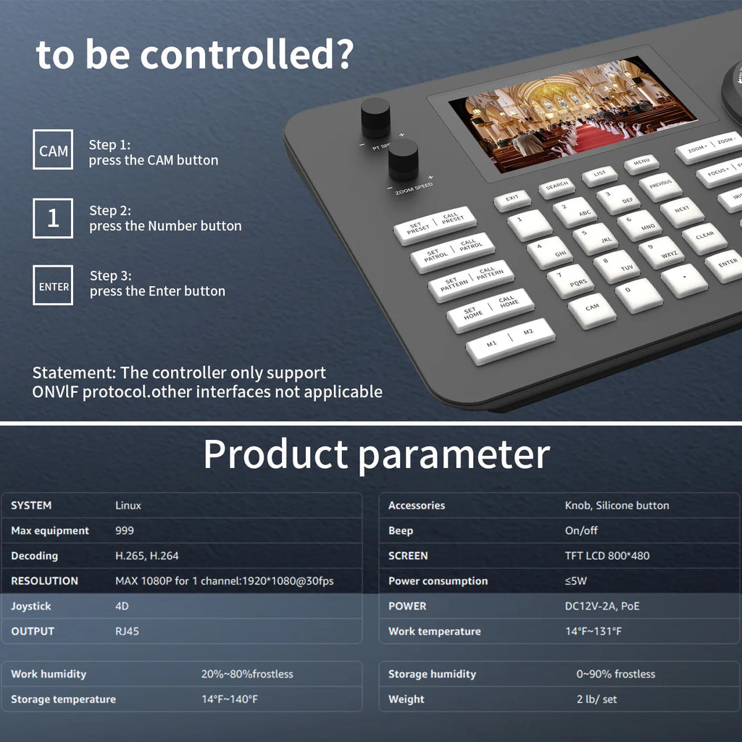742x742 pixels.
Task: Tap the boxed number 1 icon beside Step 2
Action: pos(53,218)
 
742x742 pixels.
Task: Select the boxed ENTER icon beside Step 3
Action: pos(53,285)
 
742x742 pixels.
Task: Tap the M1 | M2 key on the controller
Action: pos(510,341)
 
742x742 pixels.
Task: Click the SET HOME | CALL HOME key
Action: pos(490,310)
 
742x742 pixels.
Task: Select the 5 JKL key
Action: pos(595,237)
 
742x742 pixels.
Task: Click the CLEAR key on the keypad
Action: pos(704,238)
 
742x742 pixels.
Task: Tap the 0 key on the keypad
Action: pos(638,295)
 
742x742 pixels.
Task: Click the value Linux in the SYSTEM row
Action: pos(128,505)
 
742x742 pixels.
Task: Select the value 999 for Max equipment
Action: pos(124,530)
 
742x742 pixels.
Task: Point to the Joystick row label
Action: pos(31,606)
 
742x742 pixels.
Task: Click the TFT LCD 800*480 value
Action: pos(607,556)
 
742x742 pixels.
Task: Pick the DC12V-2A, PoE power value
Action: pos(603,606)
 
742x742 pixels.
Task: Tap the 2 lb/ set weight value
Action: pos(596,699)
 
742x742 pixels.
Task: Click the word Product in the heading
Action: pos(275,454)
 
